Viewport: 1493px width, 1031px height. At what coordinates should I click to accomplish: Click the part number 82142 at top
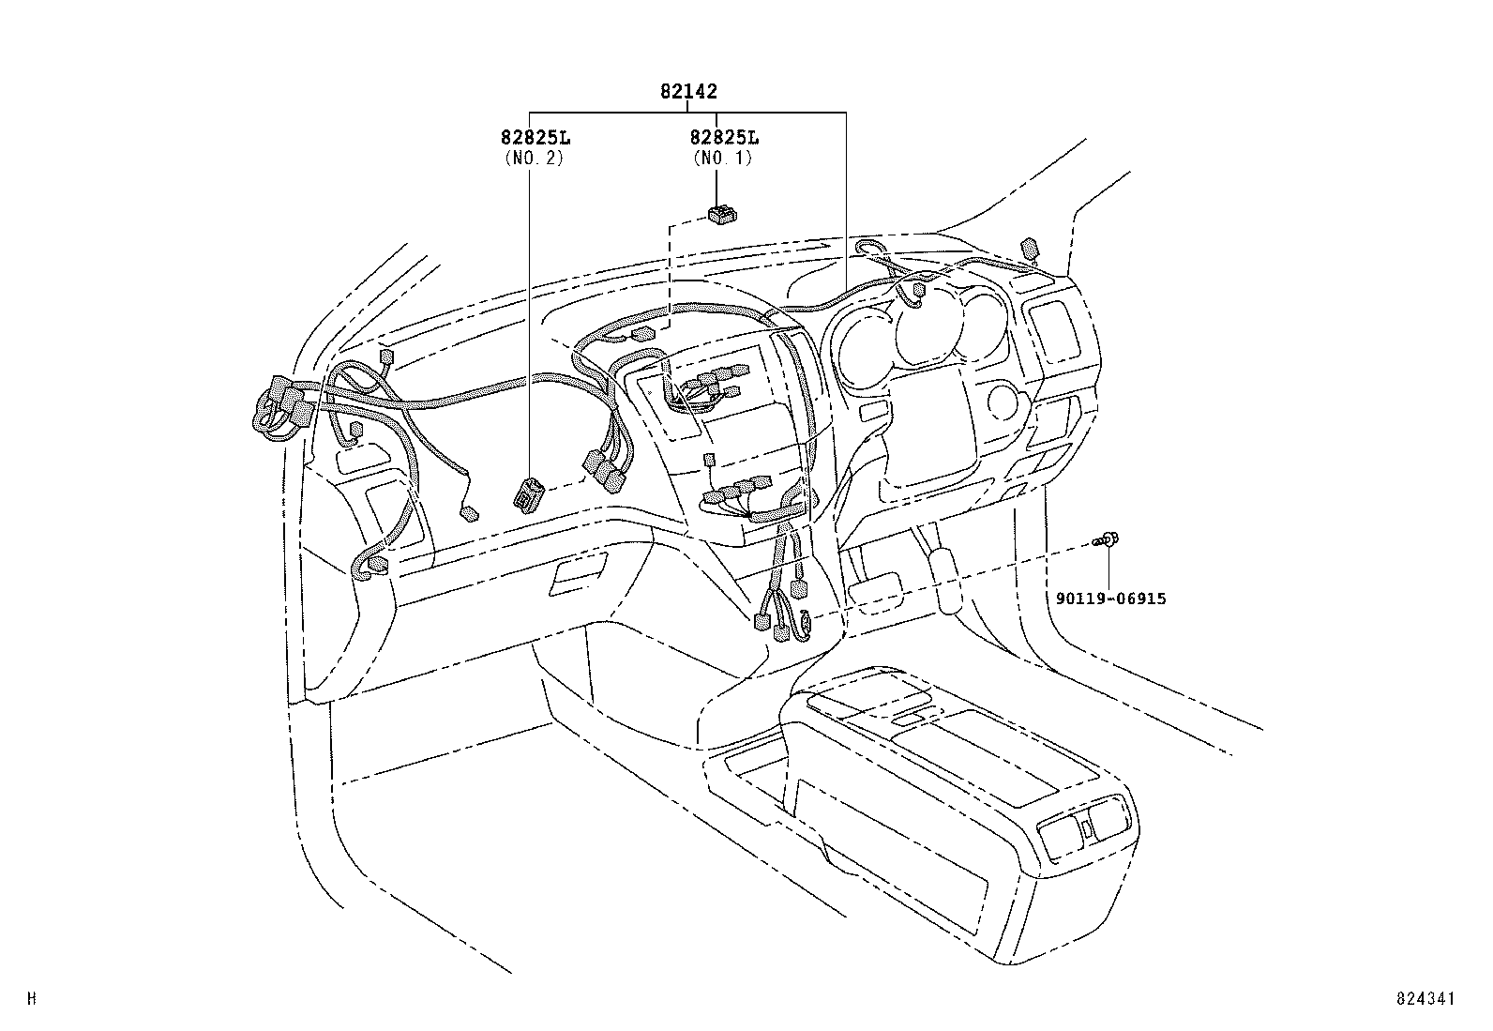tap(688, 92)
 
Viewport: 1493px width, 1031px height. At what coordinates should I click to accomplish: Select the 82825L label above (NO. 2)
tap(535, 138)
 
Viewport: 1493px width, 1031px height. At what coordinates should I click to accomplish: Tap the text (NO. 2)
tap(535, 158)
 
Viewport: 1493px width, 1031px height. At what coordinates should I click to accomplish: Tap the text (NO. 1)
tap(722, 158)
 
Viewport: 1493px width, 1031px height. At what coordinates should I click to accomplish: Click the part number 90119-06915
tap(1109, 599)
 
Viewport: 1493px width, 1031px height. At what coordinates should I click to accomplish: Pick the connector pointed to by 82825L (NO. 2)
tap(528, 493)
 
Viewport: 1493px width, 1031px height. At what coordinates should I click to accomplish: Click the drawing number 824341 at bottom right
tap(1425, 1000)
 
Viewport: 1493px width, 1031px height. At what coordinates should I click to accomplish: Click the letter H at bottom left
tap(32, 1000)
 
